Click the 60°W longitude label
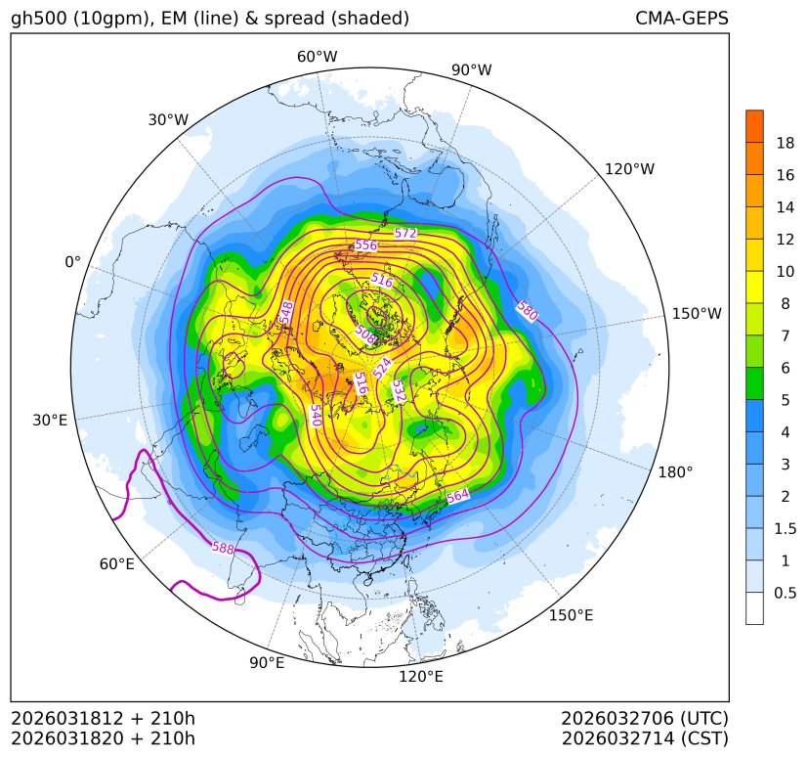(x=317, y=57)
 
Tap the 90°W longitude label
(x=472, y=70)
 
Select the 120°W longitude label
(x=629, y=169)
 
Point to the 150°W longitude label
(x=697, y=314)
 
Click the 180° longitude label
(x=675, y=472)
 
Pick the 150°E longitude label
(x=572, y=615)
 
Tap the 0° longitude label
(x=72, y=262)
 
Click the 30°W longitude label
(x=168, y=120)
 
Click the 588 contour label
(x=223, y=548)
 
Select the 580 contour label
(x=527, y=312)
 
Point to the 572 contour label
(x=405, y=234)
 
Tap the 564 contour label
(x=458, y=497)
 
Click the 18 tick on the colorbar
(x=786, y=144)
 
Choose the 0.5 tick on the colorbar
(x=786, y=593)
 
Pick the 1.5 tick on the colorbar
(x=786, y=528)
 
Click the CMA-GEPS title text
(x=681, y=19)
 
